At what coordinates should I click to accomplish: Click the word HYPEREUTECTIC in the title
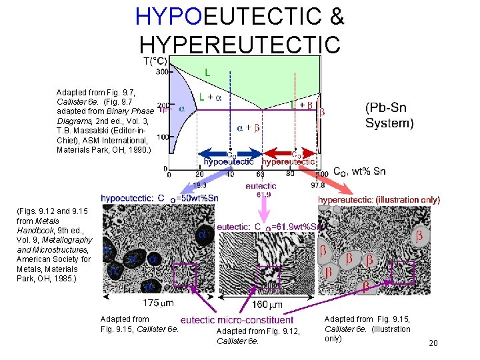(x=241, y=43)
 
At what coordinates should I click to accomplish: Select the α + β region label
(x=248, y=127)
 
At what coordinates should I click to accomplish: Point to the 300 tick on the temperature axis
(x=162, y=72)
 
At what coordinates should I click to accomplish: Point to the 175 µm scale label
(x=159, y=303)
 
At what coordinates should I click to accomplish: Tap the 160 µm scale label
(x=267, y=305)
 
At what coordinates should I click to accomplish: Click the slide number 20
(x=433, y=343)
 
